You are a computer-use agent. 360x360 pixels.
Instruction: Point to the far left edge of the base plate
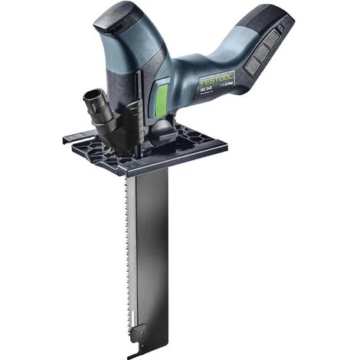pos(67,139)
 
